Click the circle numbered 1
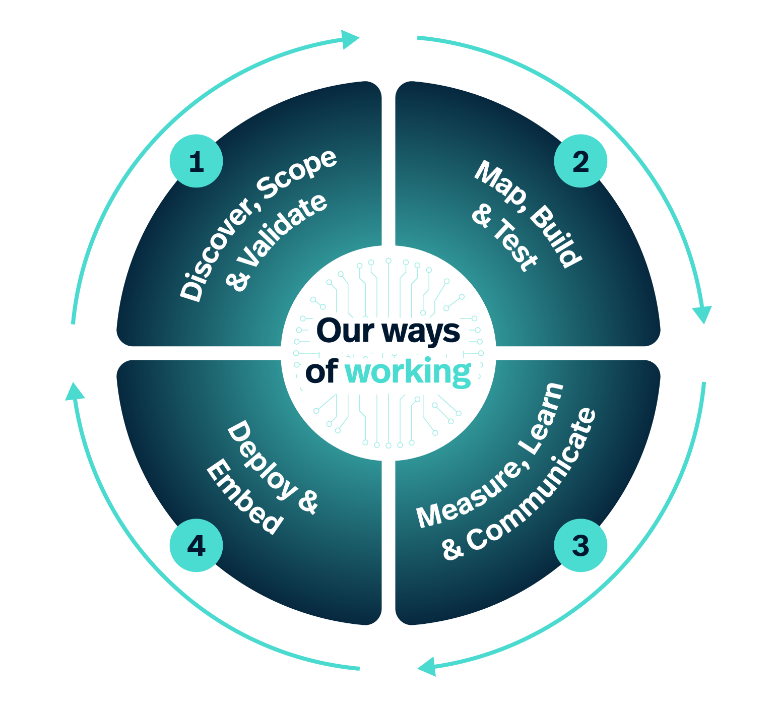pyautogui.click(x=196, y=161)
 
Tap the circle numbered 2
pyautogui.click(x=580, y=161)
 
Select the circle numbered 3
pyautogui.click(x=580, y=546)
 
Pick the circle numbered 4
pyautogui.click(x=196, y=546)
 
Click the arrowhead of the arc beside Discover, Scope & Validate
pyautogui.click(x=350, y=39)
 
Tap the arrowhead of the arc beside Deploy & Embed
pyautogui.click(x=75, y=391)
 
